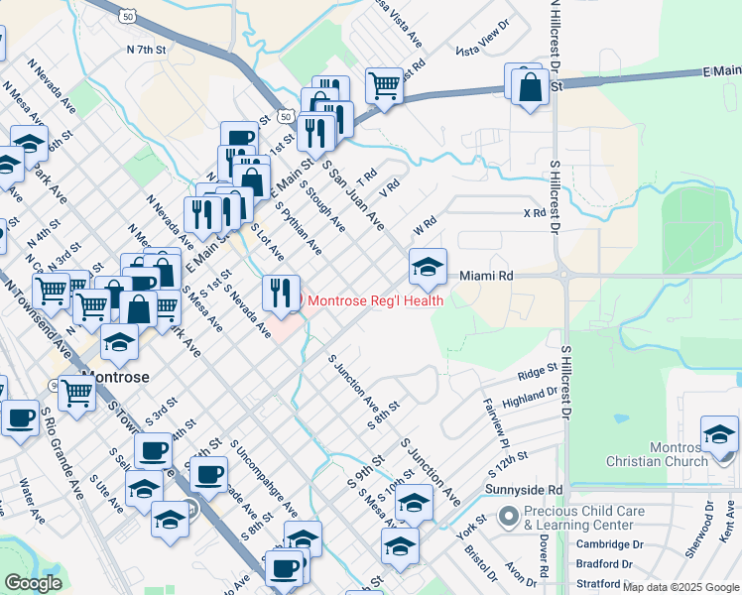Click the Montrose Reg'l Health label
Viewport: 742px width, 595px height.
(375, 299)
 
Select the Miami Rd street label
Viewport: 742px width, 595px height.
(486, 276)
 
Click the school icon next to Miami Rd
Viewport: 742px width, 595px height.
(428, 266)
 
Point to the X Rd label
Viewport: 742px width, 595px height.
(535, 213)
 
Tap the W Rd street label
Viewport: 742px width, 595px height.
(425, 227)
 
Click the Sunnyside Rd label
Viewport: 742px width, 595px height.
(524, 490)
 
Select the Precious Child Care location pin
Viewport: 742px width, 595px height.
(509, 517)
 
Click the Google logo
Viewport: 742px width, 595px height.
(34, 583)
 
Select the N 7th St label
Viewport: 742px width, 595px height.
(146, 49)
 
